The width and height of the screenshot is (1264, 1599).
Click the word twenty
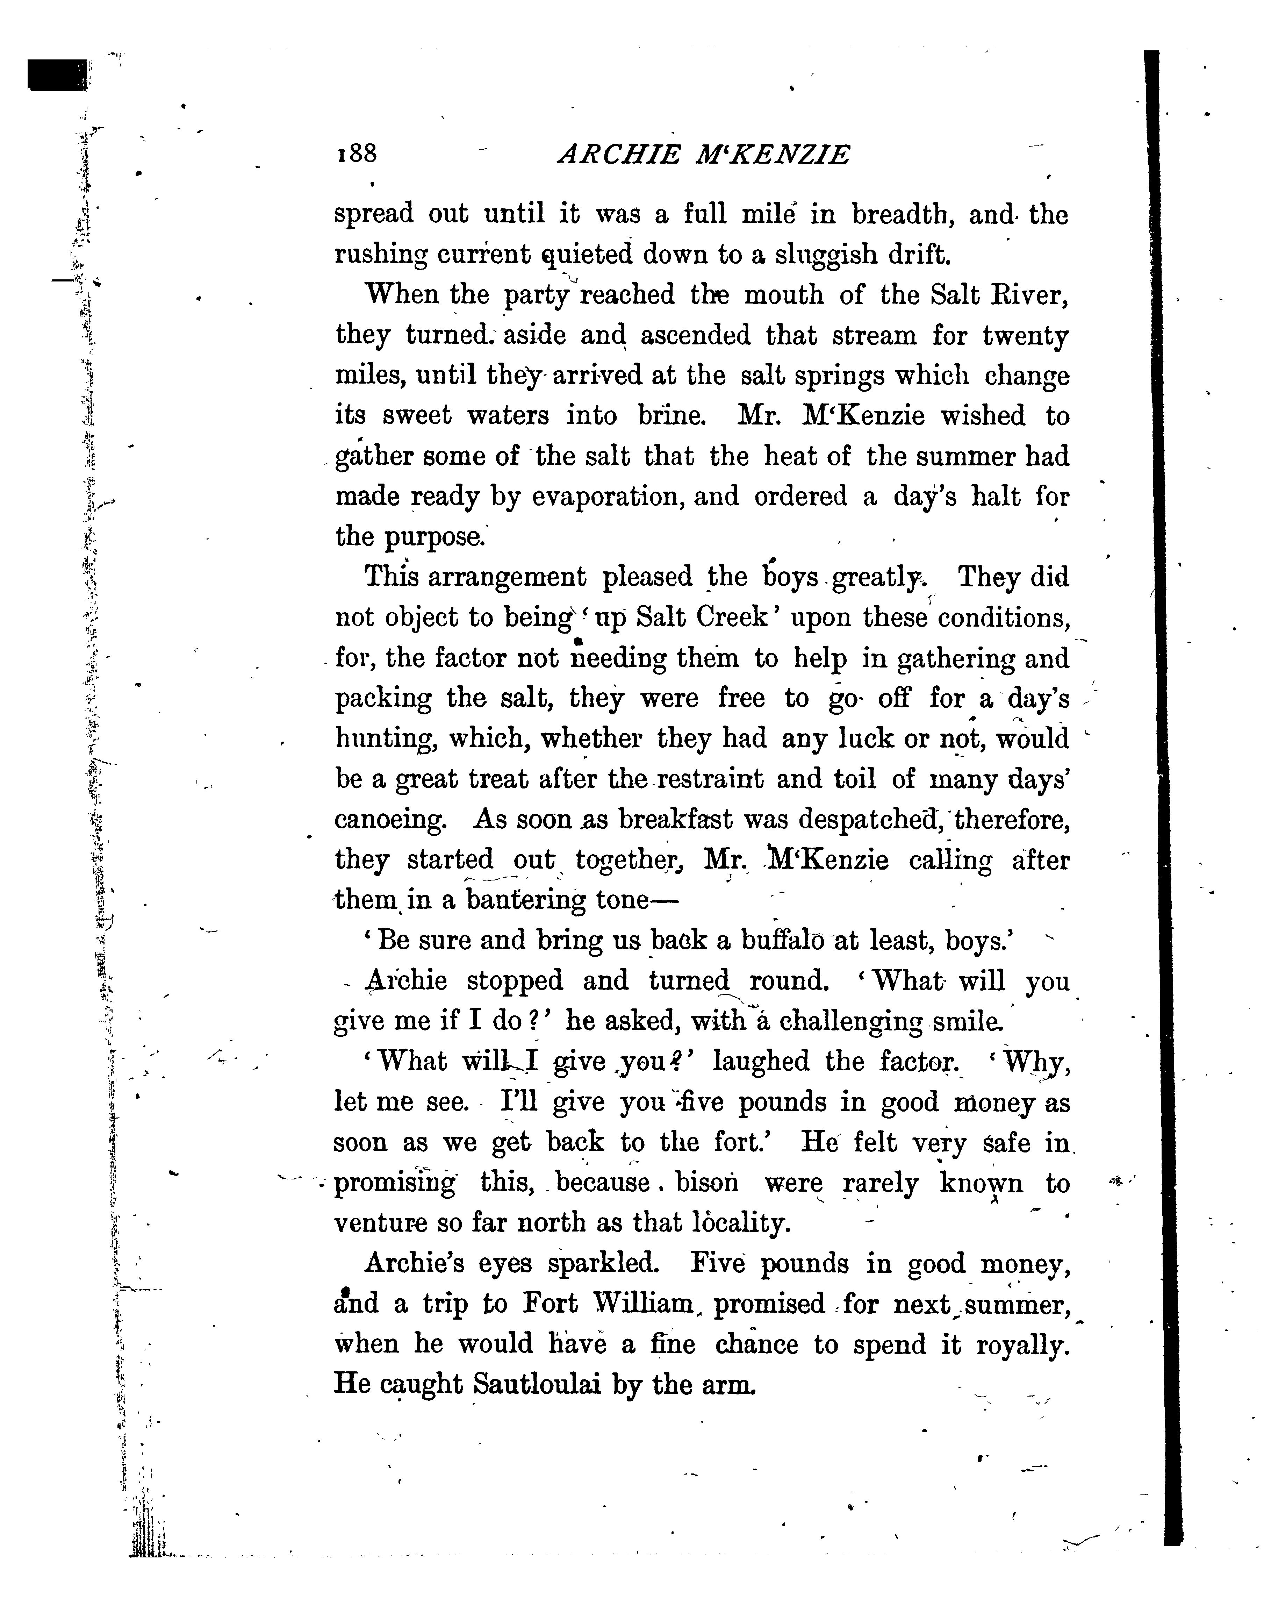click(x=1026, y=336)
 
